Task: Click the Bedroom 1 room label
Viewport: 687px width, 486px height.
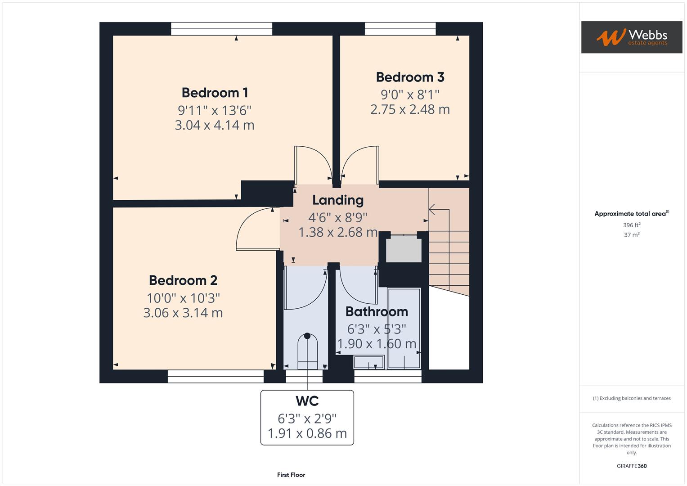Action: [x=215, y=93]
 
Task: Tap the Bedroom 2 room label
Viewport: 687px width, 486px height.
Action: [x=183, y=280]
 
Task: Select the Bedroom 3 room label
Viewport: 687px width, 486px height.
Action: [x=410, y=77]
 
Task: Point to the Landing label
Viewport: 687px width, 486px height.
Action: [x=337, y=200]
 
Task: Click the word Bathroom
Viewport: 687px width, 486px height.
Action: [x=377, y=311]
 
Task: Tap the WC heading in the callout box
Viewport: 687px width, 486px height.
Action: [x=307, y=401]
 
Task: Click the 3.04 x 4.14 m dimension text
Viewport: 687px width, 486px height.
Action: [x=215, y=125]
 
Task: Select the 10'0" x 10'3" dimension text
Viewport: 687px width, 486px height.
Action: [x=183, y=298]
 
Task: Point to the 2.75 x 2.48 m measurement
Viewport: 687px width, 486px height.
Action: [x=410, y=109]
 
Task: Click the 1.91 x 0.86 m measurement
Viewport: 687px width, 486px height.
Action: [x=307, y=433]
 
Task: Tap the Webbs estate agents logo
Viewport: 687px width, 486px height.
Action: [x=631, y=37]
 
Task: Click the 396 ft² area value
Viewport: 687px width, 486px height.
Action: [x=631, y=225]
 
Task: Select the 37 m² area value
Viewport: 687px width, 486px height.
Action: [x=631, y=235]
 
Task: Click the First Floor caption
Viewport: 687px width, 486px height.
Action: [x=291, y=475]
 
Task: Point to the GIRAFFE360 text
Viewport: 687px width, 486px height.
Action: [x=631, y=466]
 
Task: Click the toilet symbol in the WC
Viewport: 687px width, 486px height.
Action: [x=307, y=351]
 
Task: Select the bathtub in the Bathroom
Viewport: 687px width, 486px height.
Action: [x=404, y=328]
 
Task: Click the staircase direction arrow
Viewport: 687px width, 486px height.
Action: [x=433, y=210]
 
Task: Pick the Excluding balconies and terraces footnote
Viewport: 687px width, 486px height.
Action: [x=631, y=398]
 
